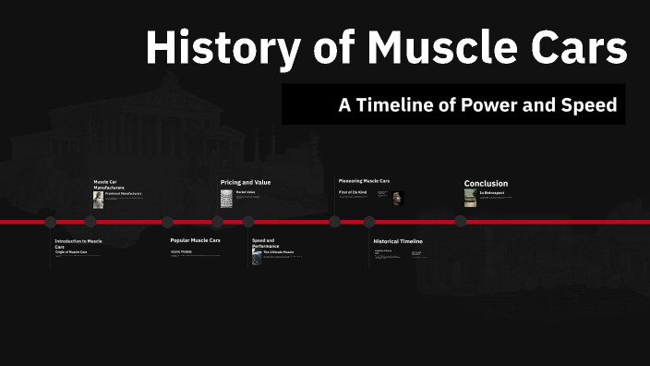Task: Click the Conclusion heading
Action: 486,183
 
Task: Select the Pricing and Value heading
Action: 246,182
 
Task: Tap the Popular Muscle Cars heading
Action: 195,240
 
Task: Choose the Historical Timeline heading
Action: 398,240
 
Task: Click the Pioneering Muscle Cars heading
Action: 365,180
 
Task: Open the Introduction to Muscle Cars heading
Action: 78,243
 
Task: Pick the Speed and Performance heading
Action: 266,243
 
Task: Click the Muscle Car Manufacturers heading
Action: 110,184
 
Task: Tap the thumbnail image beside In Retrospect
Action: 470,198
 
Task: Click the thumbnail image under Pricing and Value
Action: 226,198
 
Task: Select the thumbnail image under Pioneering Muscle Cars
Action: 397,198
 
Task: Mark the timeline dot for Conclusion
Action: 460,222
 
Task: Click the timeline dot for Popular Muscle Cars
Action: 167,222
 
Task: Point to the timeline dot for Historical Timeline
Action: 369,222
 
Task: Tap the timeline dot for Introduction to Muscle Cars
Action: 51,222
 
